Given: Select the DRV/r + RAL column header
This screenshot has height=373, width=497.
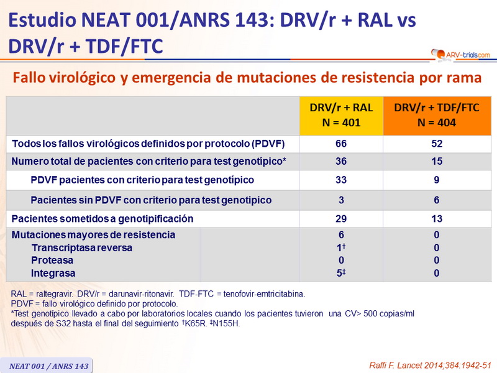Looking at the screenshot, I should tap(341, 115).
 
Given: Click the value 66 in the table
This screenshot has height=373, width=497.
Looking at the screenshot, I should tap(341, 144).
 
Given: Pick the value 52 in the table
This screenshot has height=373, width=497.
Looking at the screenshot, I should tap(437, 144).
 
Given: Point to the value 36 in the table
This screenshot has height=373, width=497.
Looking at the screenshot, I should tap(341, 162).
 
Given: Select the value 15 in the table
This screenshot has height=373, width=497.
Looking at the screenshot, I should tap(437, 162).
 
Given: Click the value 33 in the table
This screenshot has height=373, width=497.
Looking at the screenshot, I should tap(341, 180).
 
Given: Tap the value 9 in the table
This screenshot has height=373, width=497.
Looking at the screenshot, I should tap(437, 180).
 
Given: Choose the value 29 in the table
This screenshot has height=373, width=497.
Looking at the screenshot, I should tap(341, 219).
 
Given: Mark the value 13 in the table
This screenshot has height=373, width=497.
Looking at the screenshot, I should tap(437, 219).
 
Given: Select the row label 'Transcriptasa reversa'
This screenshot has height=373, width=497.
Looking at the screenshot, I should tap(82, 248).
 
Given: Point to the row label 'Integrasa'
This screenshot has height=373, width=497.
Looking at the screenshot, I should tap(53, 274).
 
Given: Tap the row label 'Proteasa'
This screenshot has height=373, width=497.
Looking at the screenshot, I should tap(52, 260).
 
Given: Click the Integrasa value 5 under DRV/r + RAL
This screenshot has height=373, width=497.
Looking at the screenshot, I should tap(340, 274).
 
